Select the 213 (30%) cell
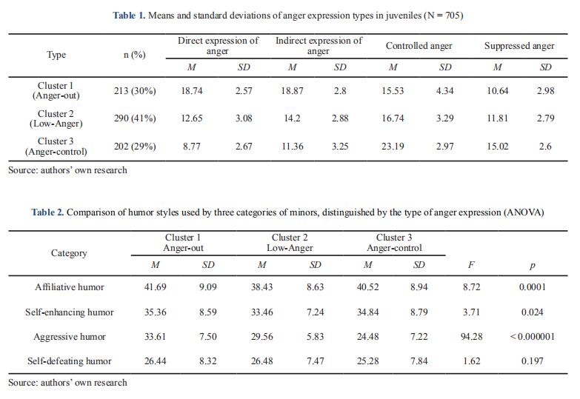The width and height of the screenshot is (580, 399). (x=135, y=91)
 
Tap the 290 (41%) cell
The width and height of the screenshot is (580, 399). (x=135, y=118)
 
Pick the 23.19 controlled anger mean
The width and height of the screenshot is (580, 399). (x=393, y=146)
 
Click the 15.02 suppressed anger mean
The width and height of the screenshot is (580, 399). (x=497, y=146)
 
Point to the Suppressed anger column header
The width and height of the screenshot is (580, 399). (x=519, y=46)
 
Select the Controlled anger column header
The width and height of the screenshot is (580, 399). (x=419, y=46)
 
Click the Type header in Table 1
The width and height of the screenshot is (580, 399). (x=56, y=55)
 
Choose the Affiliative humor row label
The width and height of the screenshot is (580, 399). (x=69, y=286)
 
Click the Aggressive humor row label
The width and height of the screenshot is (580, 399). (x=69, y=337)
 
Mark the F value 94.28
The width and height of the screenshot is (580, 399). (x=471, y=337)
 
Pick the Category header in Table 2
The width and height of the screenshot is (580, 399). (x=69, y=253)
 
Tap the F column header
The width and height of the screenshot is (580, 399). (x=471, y=265)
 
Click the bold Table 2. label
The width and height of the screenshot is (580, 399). (x=47, y=212)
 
